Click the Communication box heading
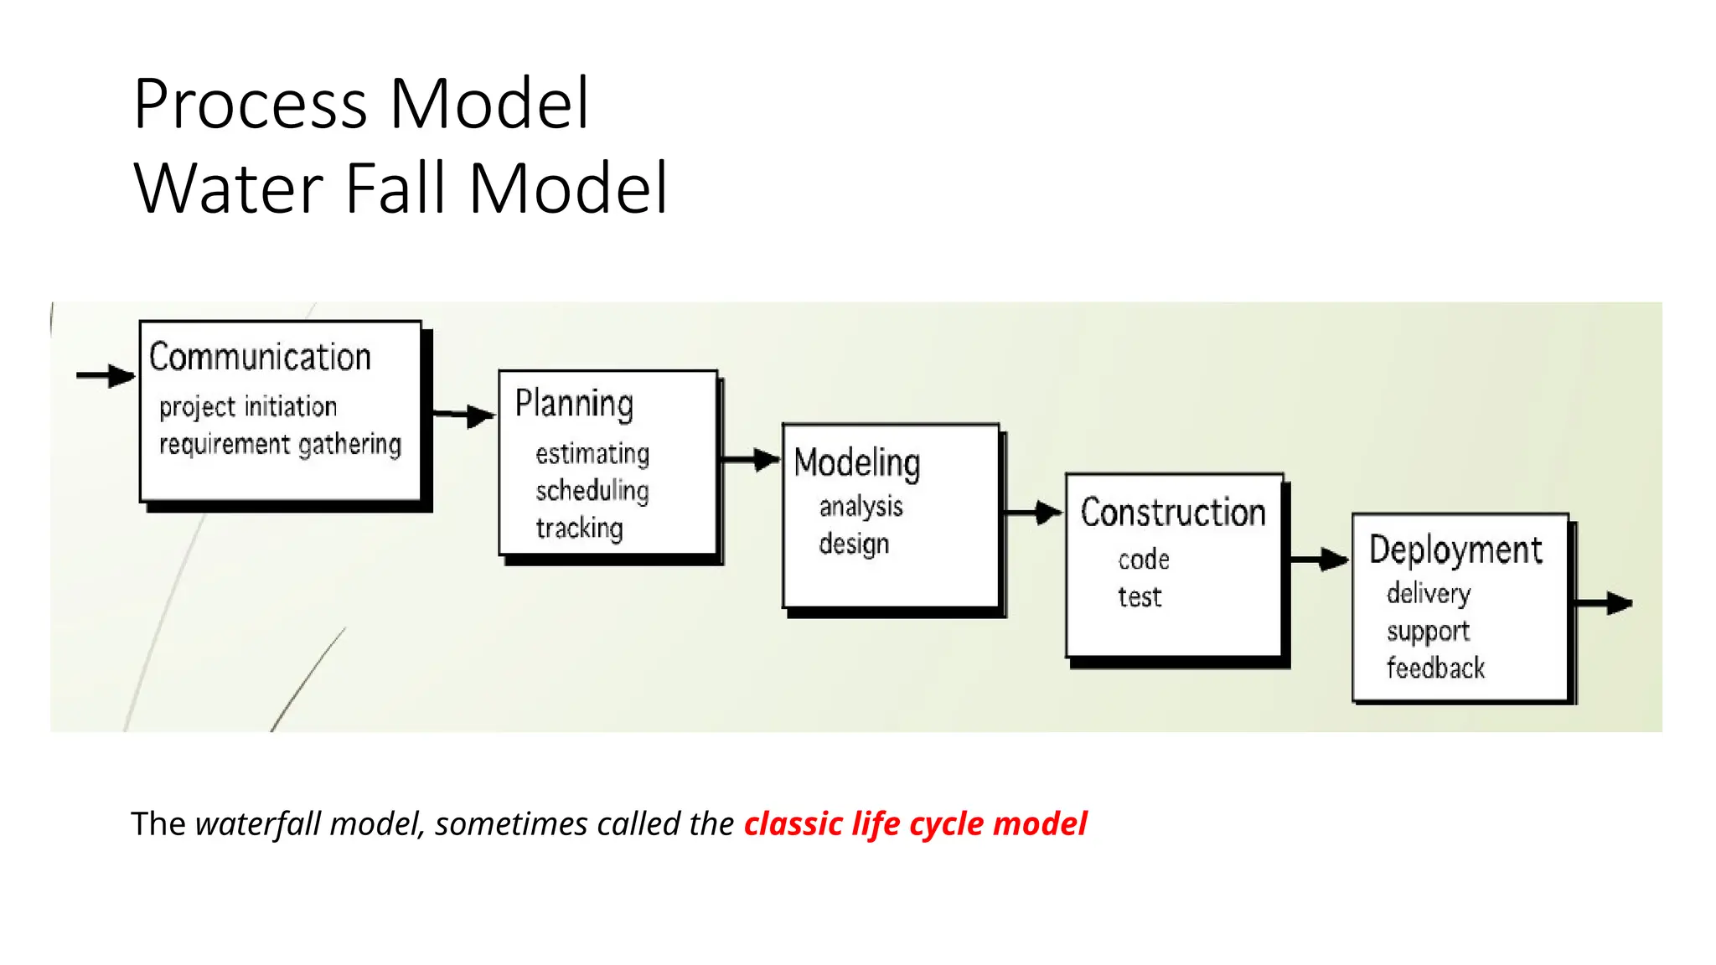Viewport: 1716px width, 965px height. [x=260, y=357]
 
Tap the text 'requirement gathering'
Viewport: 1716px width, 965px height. [x=280, y=444]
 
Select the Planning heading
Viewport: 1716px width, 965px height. [x=574, y=404]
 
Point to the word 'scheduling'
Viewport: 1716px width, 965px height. [x=592, y=491]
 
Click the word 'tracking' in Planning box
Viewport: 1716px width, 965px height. [x=579, y=529]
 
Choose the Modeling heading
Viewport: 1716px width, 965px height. [x=856, y=462]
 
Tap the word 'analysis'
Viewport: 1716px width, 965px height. [x=861, y=507]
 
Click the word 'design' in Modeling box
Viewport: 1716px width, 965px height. [x=854, y=544]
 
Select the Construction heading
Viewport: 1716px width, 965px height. [x=1172, y=513]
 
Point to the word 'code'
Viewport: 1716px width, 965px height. [x=1143, y=560]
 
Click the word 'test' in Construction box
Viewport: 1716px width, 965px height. [x=1140, y=597]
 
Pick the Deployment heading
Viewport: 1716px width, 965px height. [x=1455, y=550]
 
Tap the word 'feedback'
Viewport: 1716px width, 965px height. [x=1435, y=668]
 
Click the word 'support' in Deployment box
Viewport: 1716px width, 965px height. [x=1428, y=632]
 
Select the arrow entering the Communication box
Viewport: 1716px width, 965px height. [x=106, y=375]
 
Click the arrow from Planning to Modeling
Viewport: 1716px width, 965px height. [x=750, y=459]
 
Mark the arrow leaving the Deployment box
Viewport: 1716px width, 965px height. [x=1604, y=603]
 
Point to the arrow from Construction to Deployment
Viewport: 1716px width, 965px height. [x=1318, y=560]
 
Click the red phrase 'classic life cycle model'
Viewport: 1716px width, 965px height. [x=915, y=824]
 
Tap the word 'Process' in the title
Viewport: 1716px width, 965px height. [x=250, y=104]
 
